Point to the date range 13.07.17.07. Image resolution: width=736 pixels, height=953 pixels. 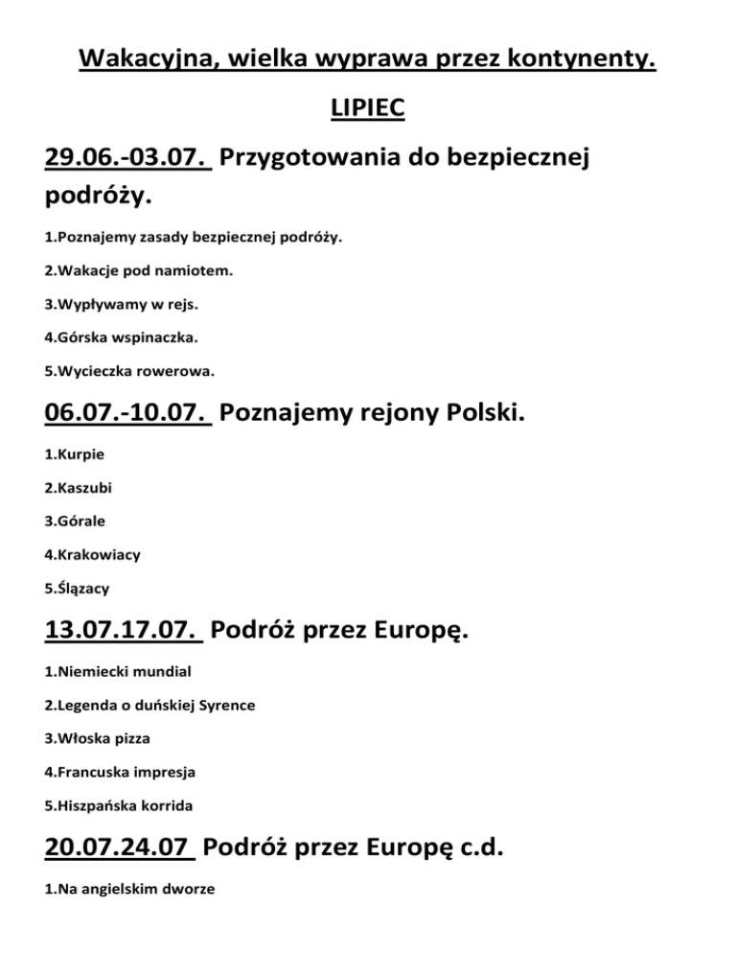pyautogui.click(x=124, y=632)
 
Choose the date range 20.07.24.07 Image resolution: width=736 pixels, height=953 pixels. pyautogui.click(x=120, y=848)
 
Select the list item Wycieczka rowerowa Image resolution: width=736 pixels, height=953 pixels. pyautogui.click(x=129, y=369)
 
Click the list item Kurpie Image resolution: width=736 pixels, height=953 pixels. pyautogui.click(x=74, y=455)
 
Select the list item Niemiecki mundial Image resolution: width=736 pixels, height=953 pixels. pyautogui.click(x=111, y=672)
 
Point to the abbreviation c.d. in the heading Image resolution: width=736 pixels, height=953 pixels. pyautogui.click(x=473, y=848)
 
